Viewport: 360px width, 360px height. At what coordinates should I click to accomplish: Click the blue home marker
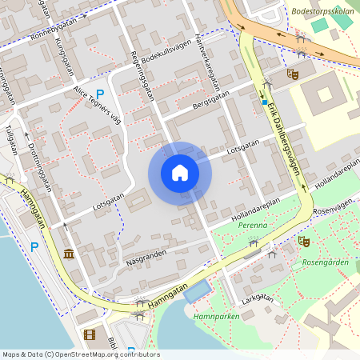coord(179,173)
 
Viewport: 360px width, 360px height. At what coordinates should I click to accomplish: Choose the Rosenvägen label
coord(331,204)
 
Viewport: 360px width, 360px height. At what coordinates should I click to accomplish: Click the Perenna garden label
coord(252,226)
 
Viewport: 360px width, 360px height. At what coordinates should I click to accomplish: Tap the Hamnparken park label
coord(212,317)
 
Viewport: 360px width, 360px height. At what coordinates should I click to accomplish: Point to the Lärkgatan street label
coord(257,300)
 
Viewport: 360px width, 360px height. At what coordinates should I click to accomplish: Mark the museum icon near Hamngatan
coord(69,254)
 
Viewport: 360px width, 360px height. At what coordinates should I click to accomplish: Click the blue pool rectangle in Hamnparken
coord(198,291)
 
